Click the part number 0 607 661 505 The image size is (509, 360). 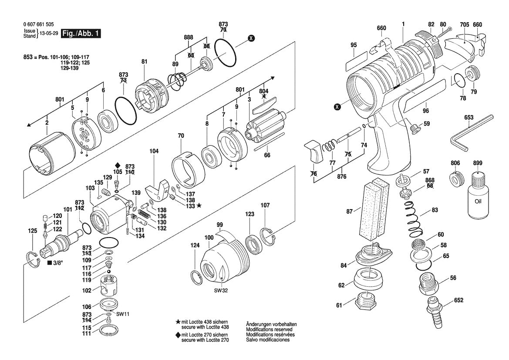[39, 25]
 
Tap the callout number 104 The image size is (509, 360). [154, 151]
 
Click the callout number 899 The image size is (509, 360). [478, 163]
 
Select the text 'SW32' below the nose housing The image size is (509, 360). [221, 290]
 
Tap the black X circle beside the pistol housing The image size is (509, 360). [337, 106]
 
